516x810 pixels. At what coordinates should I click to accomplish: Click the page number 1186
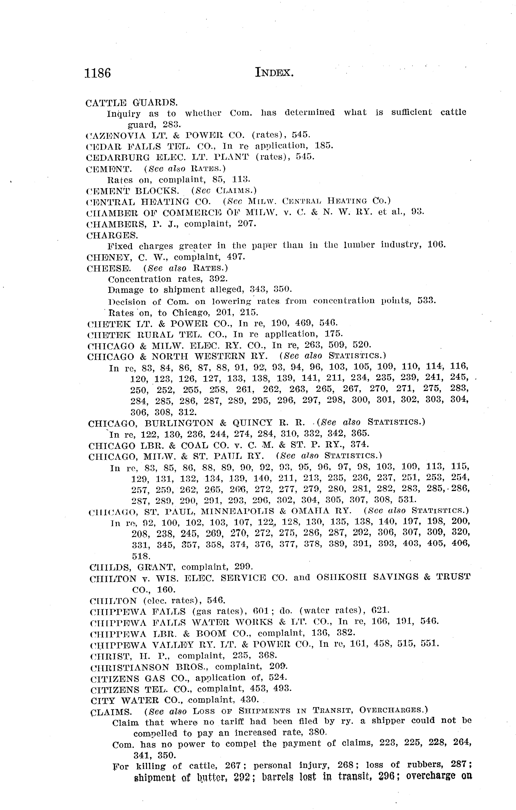tap(98, 73)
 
